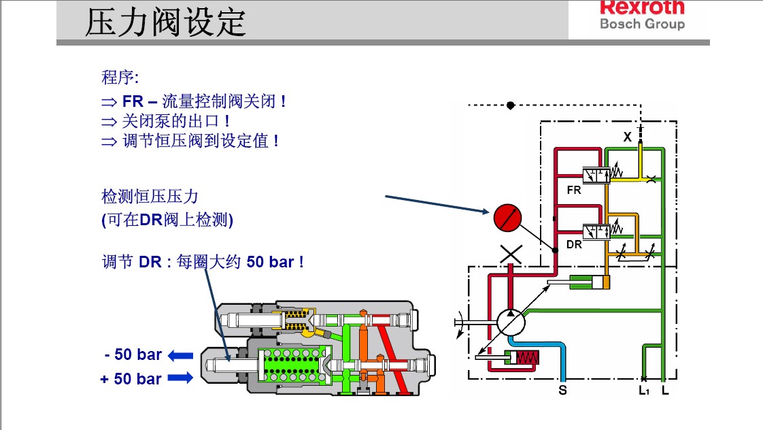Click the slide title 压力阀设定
165,22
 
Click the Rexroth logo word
642,7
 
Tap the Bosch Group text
642,24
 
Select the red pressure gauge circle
507,217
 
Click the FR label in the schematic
574,191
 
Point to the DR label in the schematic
574,244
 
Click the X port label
627,137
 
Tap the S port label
562,391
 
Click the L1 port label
643,391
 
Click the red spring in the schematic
527,358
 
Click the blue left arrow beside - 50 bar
181,354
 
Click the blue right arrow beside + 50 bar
181,378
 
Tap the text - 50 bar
133,354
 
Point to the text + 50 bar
131,379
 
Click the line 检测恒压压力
150,197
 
